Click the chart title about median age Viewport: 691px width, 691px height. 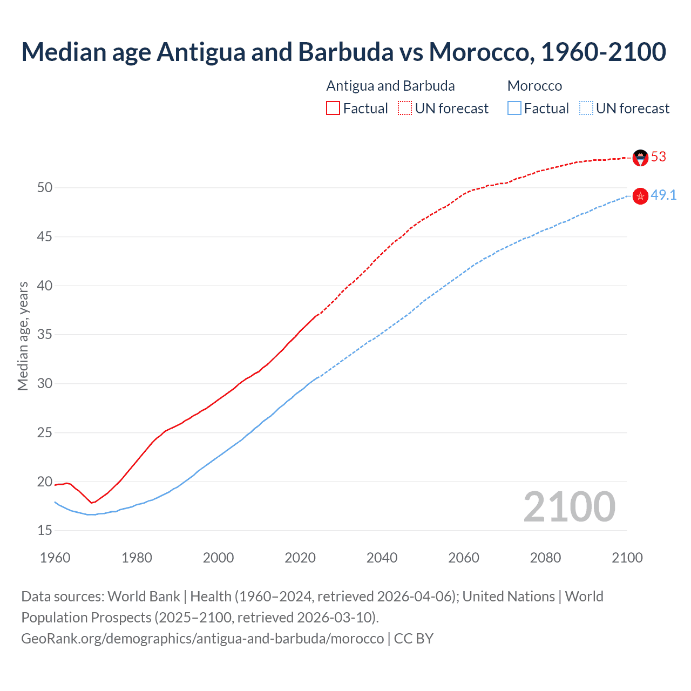coord(344,52)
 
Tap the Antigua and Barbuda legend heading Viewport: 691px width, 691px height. coord(390,86)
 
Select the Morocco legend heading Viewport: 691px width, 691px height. coord(534,86)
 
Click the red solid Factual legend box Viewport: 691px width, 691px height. coord(333,109)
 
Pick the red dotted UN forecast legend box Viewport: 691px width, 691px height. coord(405,109)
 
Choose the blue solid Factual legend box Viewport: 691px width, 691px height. coord(514,109)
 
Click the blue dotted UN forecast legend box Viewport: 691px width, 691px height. coord(586,109)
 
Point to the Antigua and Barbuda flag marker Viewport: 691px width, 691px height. coord(640,158)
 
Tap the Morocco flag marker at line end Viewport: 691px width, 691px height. coord(640,196)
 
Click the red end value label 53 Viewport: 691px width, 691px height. coord(659,157)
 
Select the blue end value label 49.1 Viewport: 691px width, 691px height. coord(663,195)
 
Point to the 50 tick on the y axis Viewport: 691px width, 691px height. coord(45,188)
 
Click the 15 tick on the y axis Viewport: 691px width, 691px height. coord(45,531)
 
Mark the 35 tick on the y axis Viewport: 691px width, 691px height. coord(45,335)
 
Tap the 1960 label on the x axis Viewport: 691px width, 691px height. coord(55,558)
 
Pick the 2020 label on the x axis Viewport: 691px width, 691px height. coord(300,558)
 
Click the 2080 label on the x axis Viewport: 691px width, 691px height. coord(545,558)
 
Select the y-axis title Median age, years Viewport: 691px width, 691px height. coord(23,336)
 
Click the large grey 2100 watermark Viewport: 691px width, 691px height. coord(570,507)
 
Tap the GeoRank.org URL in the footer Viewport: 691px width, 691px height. coord(202,639)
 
